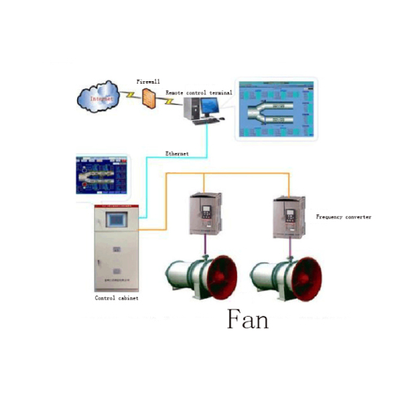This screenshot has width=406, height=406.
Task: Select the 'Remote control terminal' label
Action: [199, 93]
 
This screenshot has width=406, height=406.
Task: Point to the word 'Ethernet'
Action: [178, 152]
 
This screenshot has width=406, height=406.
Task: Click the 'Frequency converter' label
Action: [343, 217]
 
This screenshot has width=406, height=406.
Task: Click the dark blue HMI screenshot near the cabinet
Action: [101, 175]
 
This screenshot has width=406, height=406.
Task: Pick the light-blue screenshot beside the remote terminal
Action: [275, 108]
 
